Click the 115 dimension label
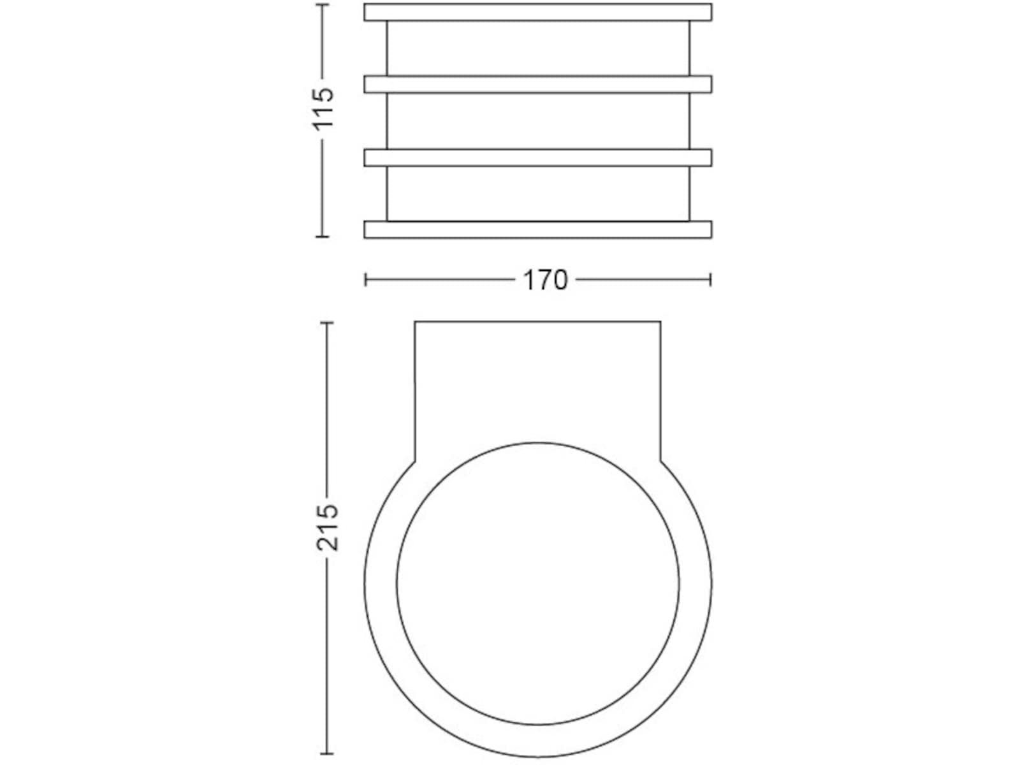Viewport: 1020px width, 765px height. pos(323,108)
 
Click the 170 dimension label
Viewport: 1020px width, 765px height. pos(545,280)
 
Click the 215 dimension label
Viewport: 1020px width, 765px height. pos(327,528)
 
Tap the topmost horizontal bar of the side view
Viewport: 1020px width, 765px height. pos(537,12)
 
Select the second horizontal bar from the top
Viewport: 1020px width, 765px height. pos(537,84)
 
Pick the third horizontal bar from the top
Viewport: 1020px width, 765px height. pos(537,157)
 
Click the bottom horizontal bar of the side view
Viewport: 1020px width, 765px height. pos(537,230)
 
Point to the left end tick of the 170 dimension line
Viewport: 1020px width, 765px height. pos(366,280)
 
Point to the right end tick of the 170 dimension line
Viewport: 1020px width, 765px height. pos(710,280)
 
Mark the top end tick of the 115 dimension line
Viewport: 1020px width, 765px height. pos(323,4)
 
